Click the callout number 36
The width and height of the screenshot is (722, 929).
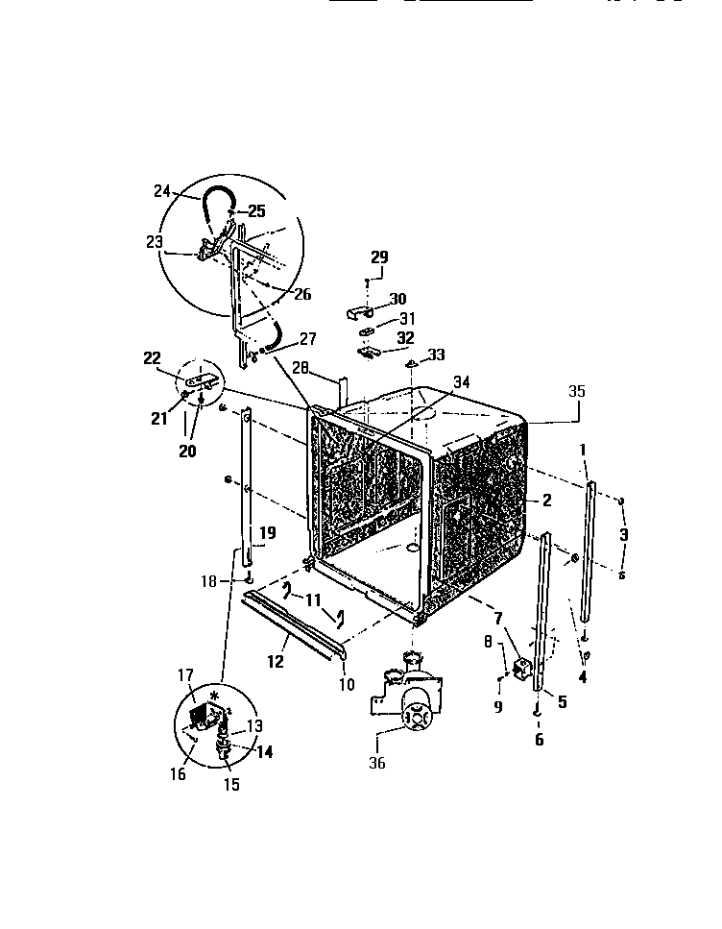click(376, 764)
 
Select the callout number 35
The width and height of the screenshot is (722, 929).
click(576, 391)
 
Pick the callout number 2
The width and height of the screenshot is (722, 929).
click(546, 500)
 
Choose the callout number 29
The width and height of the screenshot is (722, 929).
click(379, 257)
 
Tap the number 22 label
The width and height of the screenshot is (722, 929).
click(153, 358)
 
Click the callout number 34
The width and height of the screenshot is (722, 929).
click(462, 382)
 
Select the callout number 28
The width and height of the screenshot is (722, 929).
click(300, 366)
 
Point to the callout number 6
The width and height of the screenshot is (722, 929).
click(539, 740)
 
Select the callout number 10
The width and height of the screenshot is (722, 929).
click(347, 684)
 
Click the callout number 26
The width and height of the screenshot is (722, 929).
click(302, 295)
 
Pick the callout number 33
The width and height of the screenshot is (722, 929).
click(437, 354)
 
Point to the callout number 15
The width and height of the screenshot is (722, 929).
click(232, 784)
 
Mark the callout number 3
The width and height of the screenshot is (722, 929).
click(624, 534)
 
